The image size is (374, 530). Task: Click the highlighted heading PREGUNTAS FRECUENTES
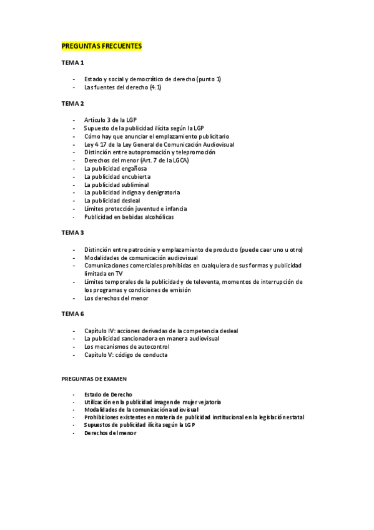(x=102, y=46)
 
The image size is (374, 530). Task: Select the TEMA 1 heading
(x=72, y=63)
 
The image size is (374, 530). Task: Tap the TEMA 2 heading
(x=72, y=103)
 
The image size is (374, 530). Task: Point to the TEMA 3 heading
(x=72, y=232)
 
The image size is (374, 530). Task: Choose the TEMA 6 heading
(x=72, y=314)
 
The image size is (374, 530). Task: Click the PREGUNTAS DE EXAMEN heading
(x=94, y=379)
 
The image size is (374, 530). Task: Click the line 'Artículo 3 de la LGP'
(x=111, y=119)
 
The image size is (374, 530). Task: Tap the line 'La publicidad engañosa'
(x=116, y=168)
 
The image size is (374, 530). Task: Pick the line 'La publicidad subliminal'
(x=117, y=184)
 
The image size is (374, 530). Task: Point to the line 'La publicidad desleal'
(x=112, y=201)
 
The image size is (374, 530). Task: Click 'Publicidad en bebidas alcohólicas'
(x=129, y=217)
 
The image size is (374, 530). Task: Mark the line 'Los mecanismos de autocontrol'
(x=127, y=346)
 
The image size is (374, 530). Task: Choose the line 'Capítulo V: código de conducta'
(x=125, y=354)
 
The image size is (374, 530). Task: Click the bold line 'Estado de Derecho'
(x=108, y=394)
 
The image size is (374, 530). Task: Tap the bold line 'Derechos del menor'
(x=110, y=432)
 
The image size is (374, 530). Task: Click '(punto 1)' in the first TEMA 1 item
(x=209, y=79)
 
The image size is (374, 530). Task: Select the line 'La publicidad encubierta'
(x=117, y=176)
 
